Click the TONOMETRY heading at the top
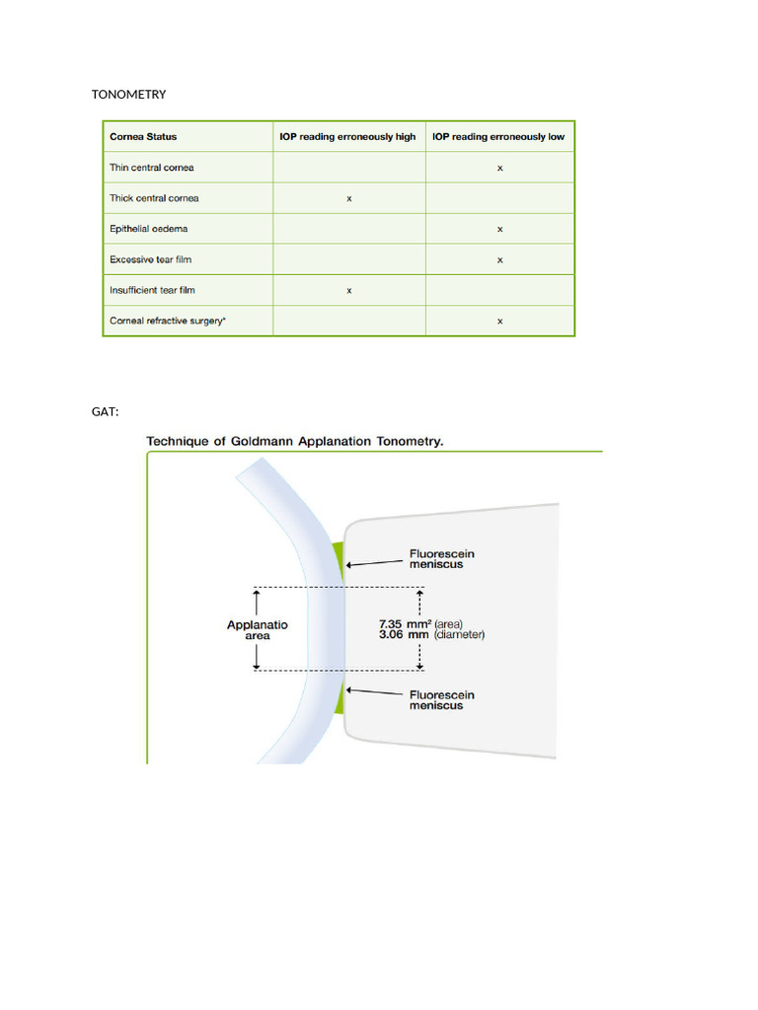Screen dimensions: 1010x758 (128, 95)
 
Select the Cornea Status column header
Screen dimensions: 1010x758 (143, 137)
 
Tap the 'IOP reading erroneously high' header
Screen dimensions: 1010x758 (348, 137)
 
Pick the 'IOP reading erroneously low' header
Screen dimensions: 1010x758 (498, 137)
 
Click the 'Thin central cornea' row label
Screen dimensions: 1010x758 (151, 168)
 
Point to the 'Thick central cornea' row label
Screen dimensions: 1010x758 (154, 198)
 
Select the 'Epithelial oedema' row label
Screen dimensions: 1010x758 (149, 229)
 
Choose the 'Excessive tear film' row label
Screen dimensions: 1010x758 (152, 259)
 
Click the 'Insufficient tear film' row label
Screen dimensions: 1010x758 (155, 290)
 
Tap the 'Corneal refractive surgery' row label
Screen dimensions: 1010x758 (163, 322)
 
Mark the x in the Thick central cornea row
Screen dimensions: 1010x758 (349, 199)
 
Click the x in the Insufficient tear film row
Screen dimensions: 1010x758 (349, 291)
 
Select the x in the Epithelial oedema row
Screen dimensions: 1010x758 (500, 230)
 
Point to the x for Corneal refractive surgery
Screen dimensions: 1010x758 (500, 322)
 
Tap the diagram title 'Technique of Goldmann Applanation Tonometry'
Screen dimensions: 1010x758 (295, 442)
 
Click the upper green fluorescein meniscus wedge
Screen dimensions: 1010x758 (338, 556)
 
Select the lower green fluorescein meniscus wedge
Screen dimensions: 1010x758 (339, 698)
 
